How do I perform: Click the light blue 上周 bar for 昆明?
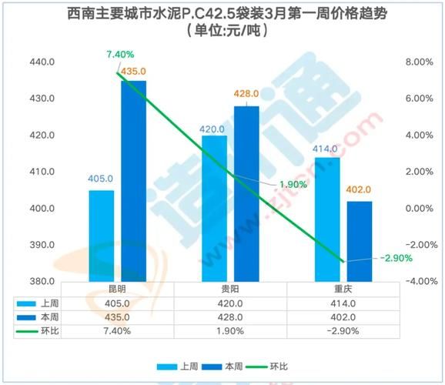click(x=101, y=235)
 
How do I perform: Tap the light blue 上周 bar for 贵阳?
click(x=214, y=208)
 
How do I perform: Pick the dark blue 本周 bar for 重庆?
click(x=360, y=241)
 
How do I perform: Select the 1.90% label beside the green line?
click(x=293, y=184)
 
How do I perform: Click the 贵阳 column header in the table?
click(x=229, y=290)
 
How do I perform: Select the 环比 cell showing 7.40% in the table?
click(x=118, y=331)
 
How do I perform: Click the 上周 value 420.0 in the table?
click(x=229, y=303)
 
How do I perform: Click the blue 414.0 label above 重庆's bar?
click(x=326, y=148)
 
